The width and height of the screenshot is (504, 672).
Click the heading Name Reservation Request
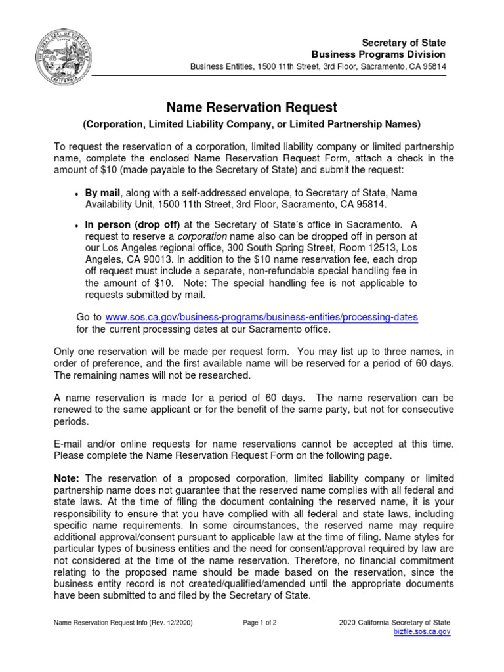point(251,107)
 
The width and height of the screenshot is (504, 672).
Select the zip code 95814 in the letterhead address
point(432,67)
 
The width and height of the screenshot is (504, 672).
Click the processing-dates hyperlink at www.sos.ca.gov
point(261,318)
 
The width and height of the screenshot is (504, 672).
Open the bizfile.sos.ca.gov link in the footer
point(421,631)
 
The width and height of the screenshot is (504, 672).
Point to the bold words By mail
point(104,192)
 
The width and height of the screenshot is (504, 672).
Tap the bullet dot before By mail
point(77,194)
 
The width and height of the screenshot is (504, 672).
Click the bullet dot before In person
point(77,225)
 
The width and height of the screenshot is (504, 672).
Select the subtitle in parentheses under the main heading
point(251,124)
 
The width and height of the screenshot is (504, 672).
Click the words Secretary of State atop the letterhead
point(408,43)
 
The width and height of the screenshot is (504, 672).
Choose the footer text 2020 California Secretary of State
point(394,622)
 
